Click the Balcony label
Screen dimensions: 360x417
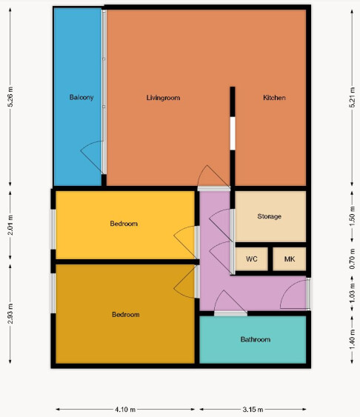click(81, 97)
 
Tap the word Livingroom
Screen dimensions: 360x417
click(163, 98)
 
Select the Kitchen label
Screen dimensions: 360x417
click(274, 98)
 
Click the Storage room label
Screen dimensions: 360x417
click(270, 216)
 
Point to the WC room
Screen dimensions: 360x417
click(252, 258)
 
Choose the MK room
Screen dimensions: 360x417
click(290, 258)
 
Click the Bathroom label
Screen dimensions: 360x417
click(256, 339)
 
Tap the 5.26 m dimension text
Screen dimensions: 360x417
click(10, 97)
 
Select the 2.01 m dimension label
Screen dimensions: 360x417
click(10, 225)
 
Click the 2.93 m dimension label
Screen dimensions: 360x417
click(10, 313)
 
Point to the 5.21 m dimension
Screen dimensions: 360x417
click(352, 97)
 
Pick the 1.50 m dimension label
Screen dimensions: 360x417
click(352, 216)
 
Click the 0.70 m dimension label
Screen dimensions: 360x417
click(352, 258)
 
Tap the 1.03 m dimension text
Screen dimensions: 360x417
click(352, 293)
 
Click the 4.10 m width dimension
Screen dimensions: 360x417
click(125, 410)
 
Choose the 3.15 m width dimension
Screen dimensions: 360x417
click(253, 410)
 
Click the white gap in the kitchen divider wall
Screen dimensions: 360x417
click(233, 133)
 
